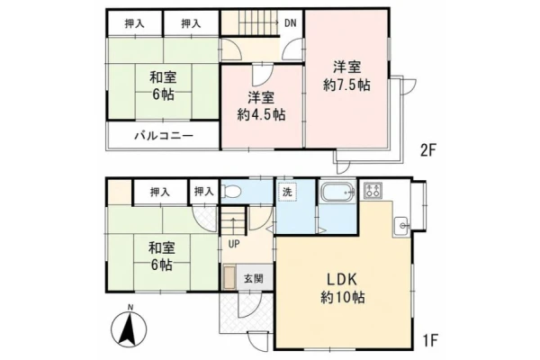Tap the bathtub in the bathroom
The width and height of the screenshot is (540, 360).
click(337, 192)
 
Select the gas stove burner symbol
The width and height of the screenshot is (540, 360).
click(373, 191)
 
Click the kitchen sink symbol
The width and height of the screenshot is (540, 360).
click(401, 226)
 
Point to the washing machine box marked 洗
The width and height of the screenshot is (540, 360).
click(287, 192)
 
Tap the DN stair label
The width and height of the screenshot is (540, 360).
click(291, 23)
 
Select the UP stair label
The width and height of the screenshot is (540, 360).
click(234, 244)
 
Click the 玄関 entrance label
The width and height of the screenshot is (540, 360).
click(254, 278)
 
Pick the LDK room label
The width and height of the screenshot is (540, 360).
click(341, 279)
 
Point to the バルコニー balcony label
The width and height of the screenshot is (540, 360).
click(164, 136)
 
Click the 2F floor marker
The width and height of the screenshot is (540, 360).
click(428, 150)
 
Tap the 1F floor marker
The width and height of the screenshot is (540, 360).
click(429, 341)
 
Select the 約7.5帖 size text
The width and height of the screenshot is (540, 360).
click(346, 85)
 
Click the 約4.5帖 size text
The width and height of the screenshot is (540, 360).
click(261, 114)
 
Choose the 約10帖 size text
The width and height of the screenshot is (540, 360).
click(343, 297)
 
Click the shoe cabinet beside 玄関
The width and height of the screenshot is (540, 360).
click(229, 278)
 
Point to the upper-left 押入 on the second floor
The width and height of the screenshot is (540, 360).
click(134, 23)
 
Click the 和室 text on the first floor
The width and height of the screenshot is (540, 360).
click(161, 247)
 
